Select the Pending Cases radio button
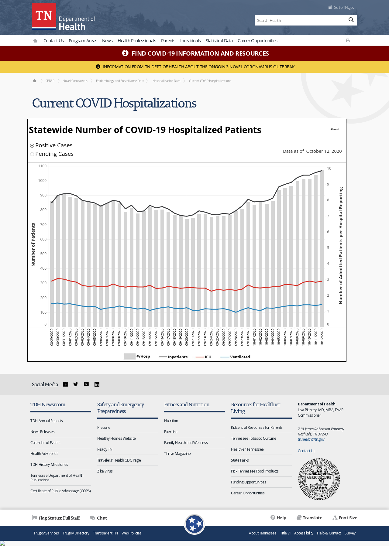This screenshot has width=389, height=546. coord(32,154)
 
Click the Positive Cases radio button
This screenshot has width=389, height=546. coord(32,145)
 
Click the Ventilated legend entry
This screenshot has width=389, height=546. coord(235,357)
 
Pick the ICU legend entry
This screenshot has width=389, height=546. coord(204,357)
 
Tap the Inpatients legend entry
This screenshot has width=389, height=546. coord(173,357)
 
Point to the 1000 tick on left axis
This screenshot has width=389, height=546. coord(42,181)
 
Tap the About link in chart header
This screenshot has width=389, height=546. coord(335,129)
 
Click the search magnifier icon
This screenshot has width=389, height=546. coord(351,20)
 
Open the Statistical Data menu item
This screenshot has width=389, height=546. coord(219,41)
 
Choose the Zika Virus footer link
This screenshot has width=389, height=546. coord(105,471)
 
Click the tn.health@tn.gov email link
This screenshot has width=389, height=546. coord(311,439)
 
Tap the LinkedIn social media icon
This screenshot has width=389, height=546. coord(97,384)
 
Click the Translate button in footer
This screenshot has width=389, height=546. coord(309,518)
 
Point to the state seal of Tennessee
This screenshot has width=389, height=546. coord(319,479)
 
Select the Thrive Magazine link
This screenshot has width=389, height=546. coord(177,454)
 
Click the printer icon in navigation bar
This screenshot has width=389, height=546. coord(348,40)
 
